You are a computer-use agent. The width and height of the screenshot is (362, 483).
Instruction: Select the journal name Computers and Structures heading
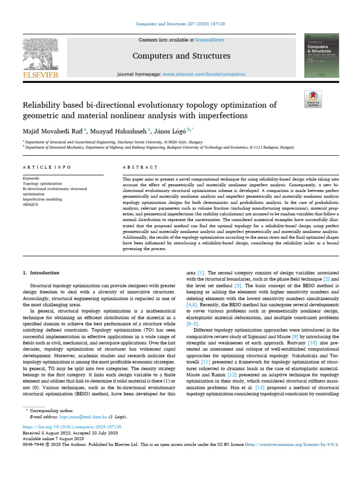(x=181, y=56)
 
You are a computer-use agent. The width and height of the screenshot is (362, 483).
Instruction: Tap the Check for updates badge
(x=313, y=99)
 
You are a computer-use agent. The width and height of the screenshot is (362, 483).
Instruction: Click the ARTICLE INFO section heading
(x=47, y=167)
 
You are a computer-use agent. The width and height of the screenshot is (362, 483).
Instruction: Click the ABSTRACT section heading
(x=140, y=167)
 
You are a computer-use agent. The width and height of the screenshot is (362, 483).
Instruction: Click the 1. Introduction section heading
(x=41, y=273)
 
